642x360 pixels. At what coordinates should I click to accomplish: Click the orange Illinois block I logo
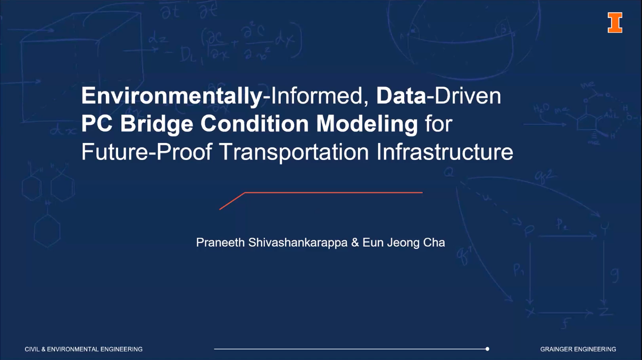(615, 22)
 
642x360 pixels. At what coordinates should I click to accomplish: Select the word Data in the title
(401, 96)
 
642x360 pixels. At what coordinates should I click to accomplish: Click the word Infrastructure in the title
(445, 152)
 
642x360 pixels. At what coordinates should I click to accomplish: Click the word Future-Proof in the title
(147, 152)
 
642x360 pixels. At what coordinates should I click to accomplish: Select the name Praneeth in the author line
(220, 242)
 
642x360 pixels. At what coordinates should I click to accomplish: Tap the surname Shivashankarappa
(298, 243)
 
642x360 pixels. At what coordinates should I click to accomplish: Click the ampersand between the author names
(355, 242)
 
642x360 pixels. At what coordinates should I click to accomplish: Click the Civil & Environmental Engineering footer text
(84, 349)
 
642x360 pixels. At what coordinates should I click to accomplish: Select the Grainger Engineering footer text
(578, 349)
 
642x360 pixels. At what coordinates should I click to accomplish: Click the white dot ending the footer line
(487, 349)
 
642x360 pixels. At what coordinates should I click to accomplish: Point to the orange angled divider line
(321, 192)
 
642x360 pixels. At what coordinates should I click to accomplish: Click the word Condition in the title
(254, 124)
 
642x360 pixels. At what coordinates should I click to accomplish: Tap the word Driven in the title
(468, 96)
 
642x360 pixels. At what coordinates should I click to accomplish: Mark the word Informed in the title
(316, 96)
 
